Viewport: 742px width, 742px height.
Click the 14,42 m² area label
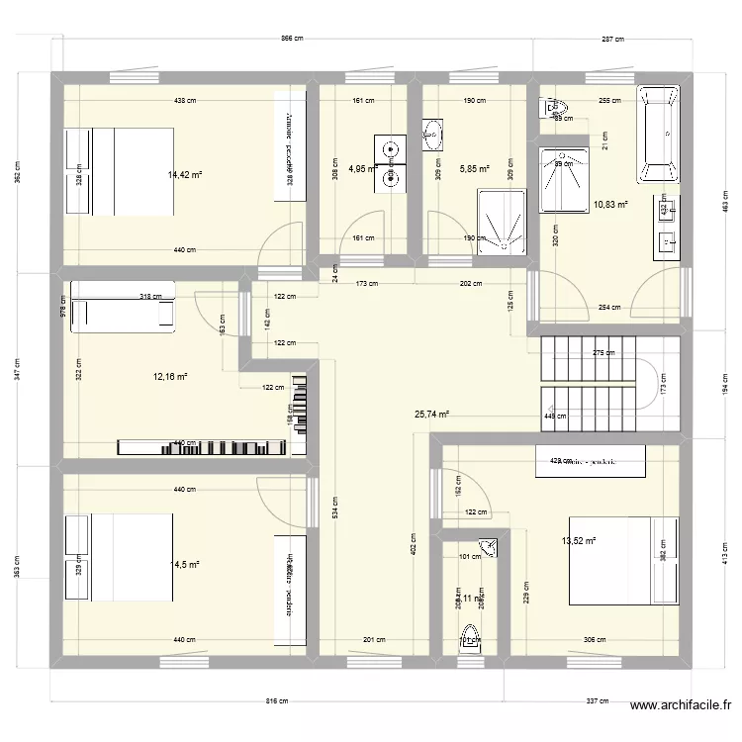pos(184,175)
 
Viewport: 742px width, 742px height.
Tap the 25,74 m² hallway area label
pos(431,416)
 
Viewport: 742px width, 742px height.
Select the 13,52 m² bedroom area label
pos(579,541)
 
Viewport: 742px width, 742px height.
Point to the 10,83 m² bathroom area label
pos(610,205)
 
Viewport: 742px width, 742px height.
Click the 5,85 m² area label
pos(475,169)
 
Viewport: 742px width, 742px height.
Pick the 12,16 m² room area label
pos(170,376)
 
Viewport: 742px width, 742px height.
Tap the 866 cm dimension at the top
pos(292,40)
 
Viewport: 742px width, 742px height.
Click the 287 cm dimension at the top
pos(613,40)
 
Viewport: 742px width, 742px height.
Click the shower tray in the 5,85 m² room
pos(503,224)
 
